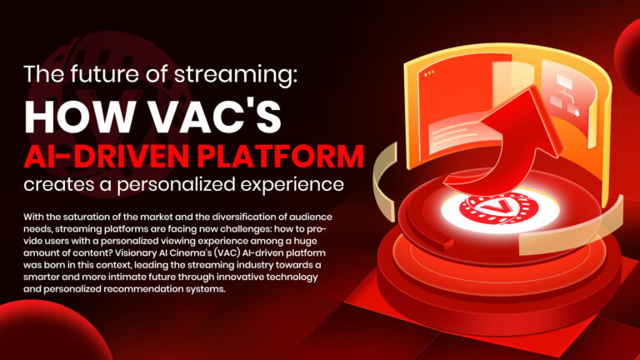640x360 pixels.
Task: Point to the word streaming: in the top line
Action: click(x=236, y=75)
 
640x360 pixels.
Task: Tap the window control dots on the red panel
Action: click(x=429, y=74)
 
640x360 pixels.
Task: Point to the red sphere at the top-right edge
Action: click(x=628, y=45)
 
